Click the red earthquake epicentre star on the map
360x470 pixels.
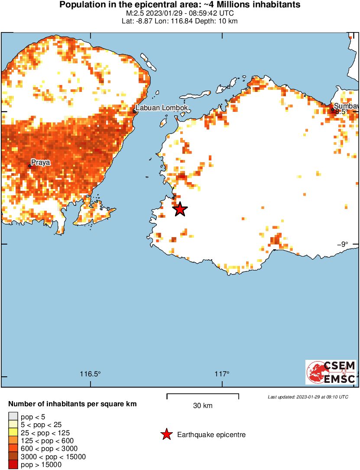tap(180, 209)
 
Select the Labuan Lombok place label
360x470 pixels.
tap(162, 108)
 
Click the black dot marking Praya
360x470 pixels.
tap(30, 166)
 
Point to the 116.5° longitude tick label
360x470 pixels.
tap(91, 374)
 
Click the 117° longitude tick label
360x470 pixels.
tap(222, 374)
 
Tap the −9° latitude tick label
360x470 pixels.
tap(343, 244)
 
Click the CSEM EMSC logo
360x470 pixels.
tap(331, 372)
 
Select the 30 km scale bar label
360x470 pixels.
tap(202, 406)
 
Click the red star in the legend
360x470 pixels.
tap(166, 434)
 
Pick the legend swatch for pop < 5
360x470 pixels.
tap(13, 417)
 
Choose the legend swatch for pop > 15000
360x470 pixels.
tap(13, 465)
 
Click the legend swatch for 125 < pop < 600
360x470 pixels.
tap(13, 441)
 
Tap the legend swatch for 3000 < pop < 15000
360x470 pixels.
tap(13, 457)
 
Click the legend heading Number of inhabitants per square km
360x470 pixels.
tap(72, 404)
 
